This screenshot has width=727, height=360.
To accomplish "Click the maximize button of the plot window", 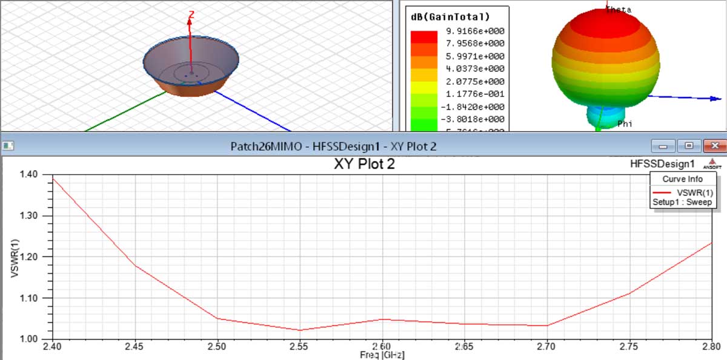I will tap(689, 146).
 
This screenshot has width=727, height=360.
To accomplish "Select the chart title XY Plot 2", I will tap(364, 164).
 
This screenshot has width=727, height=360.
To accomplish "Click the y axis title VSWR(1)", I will tap(15, 256).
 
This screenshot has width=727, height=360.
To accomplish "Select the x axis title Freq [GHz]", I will tap(382, 355).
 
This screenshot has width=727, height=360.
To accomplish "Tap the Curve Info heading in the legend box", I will tap(682, 179).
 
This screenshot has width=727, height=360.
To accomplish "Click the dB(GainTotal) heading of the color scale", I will tap(450, 16).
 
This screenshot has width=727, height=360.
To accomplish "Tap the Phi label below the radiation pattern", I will tap(625, 124).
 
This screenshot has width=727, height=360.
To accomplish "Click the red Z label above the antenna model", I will tap(191, 14).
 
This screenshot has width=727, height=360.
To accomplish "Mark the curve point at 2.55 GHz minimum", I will tap(299, 330).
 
